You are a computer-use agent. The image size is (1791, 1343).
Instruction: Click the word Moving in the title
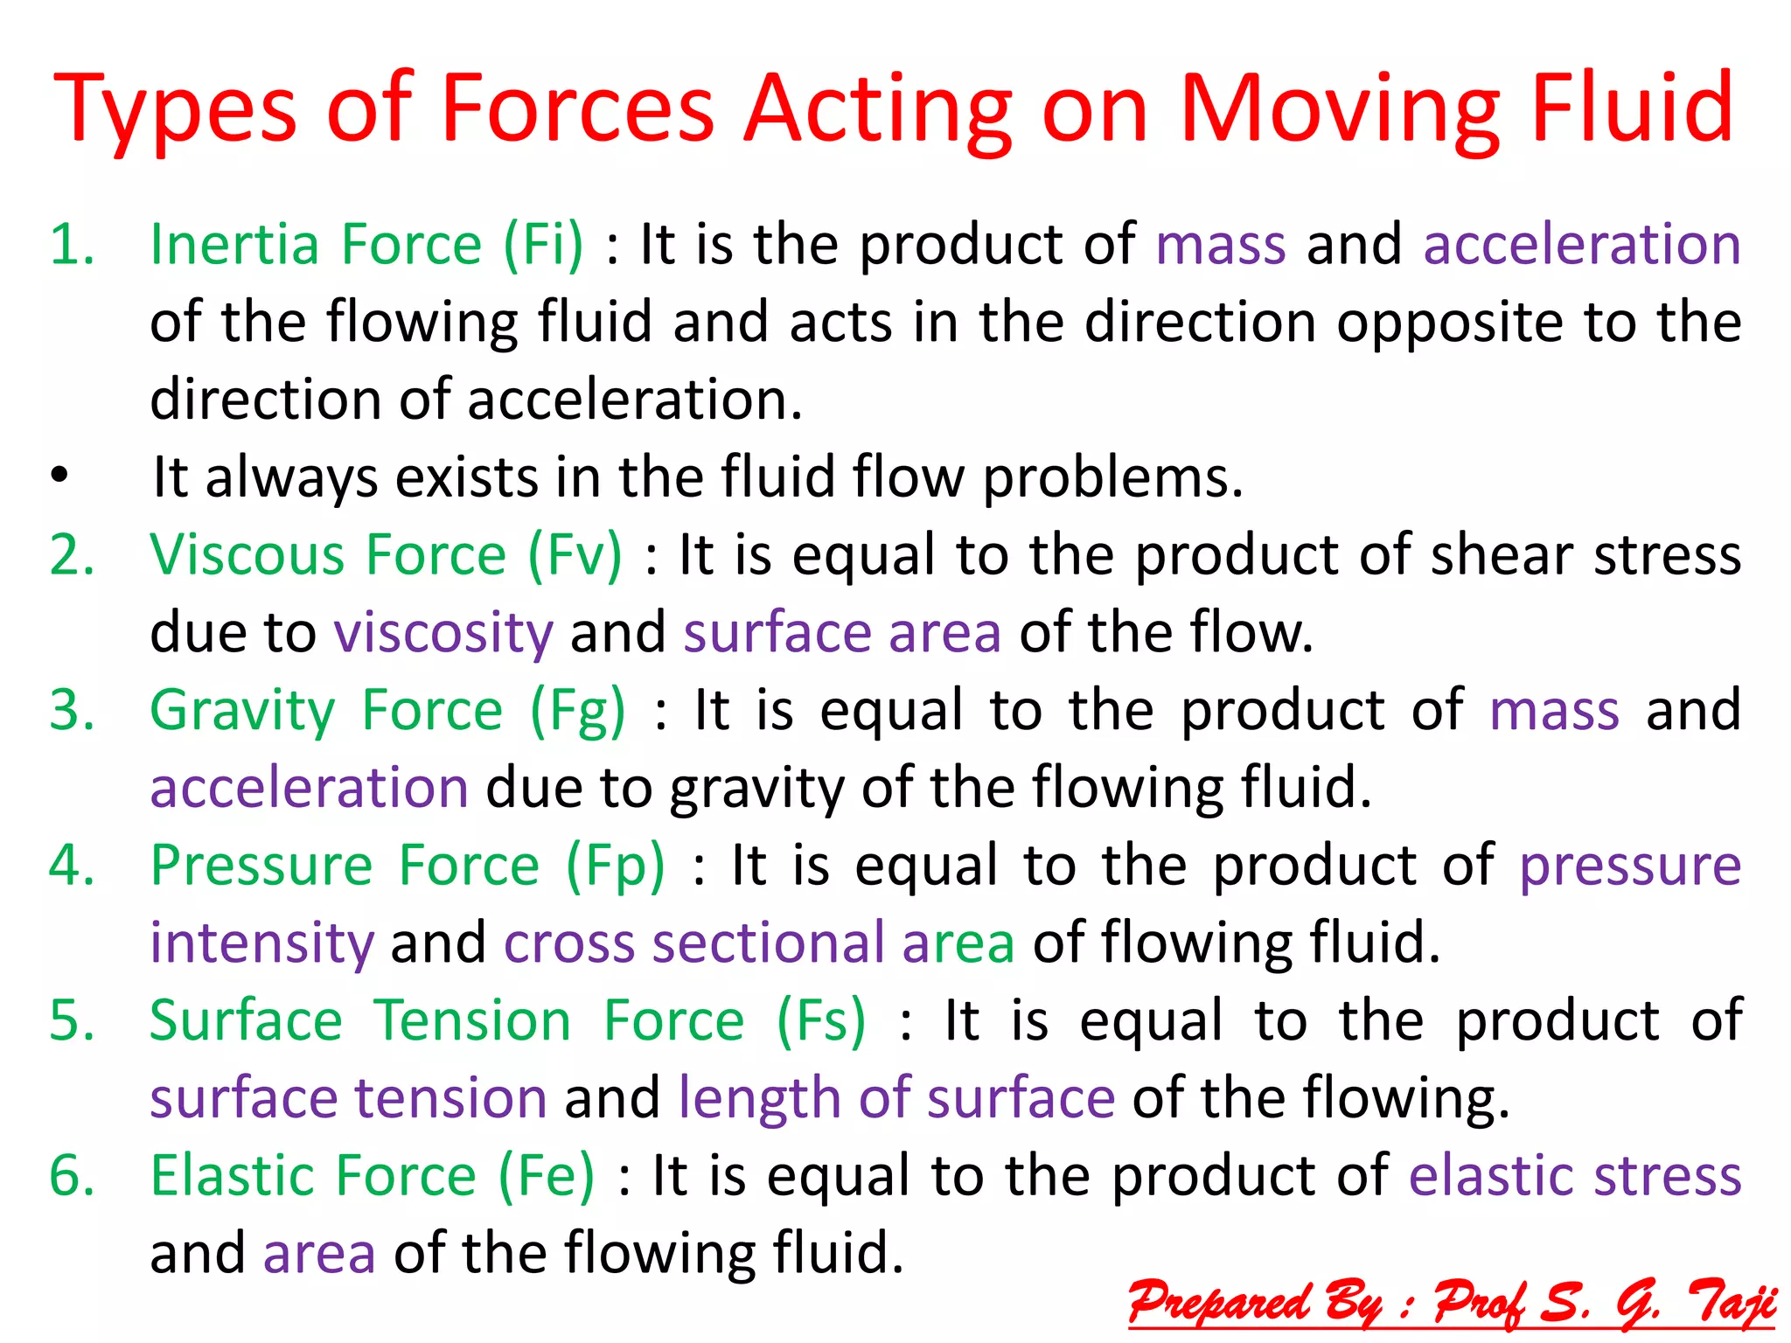tap(1338, 109)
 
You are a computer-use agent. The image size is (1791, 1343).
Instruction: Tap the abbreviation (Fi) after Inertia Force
tap(543, 245)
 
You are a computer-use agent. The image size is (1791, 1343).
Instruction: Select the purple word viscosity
tap(443, 633)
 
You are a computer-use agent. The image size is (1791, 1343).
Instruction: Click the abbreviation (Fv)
tap(575, 556)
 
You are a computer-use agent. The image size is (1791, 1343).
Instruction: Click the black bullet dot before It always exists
tap(59, 477)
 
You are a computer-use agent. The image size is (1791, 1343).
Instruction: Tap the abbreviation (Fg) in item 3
tap(578, 711)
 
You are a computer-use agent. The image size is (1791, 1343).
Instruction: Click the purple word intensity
tap(261, 943)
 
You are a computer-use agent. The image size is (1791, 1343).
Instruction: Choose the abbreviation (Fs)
tap(822, 1021)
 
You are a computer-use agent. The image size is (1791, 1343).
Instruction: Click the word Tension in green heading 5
tap(472, 1021)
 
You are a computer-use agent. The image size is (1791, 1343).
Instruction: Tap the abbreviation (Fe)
tap(547, 1176)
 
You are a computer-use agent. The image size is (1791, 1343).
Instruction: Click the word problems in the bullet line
tap(1112, 479)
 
